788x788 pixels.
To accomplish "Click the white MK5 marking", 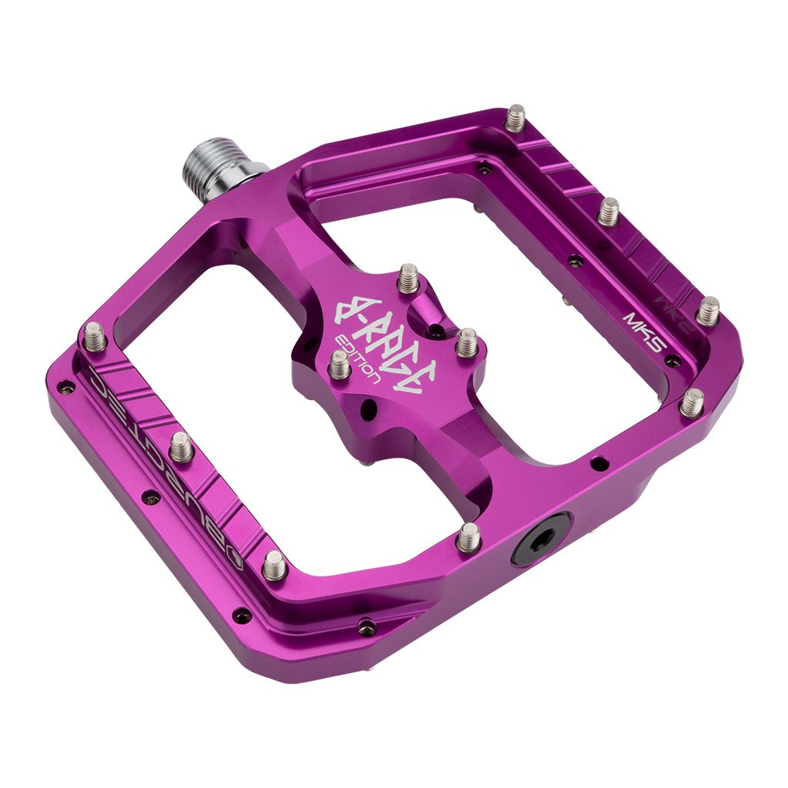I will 644,327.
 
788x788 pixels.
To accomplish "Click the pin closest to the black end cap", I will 468,536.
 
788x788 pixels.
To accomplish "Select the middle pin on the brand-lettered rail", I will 181,446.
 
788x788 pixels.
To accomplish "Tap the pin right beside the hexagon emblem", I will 275,566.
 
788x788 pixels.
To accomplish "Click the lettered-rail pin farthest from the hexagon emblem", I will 94,336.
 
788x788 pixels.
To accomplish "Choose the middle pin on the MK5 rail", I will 609,210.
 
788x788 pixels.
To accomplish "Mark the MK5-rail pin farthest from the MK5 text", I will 515,118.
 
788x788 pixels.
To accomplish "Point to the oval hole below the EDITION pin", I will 369,406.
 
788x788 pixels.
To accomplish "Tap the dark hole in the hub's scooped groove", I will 435,332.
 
